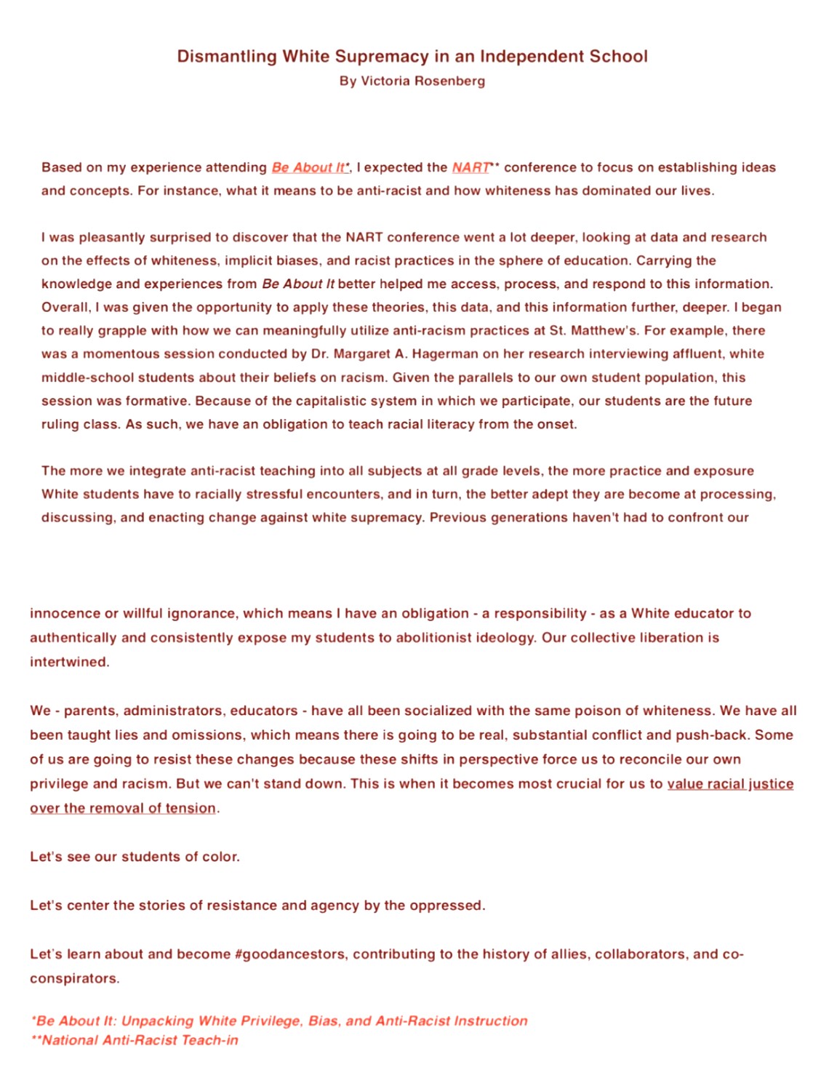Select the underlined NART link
click(x=470, y=167)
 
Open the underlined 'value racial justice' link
click(x=729, y=783)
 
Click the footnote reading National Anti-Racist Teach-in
click(x=140, y=1040)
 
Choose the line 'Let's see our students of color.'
click(x=135, y=857)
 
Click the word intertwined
click(x=69, y=662)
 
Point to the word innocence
click(x=64, y=613)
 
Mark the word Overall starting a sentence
click(x=65, y=307)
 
